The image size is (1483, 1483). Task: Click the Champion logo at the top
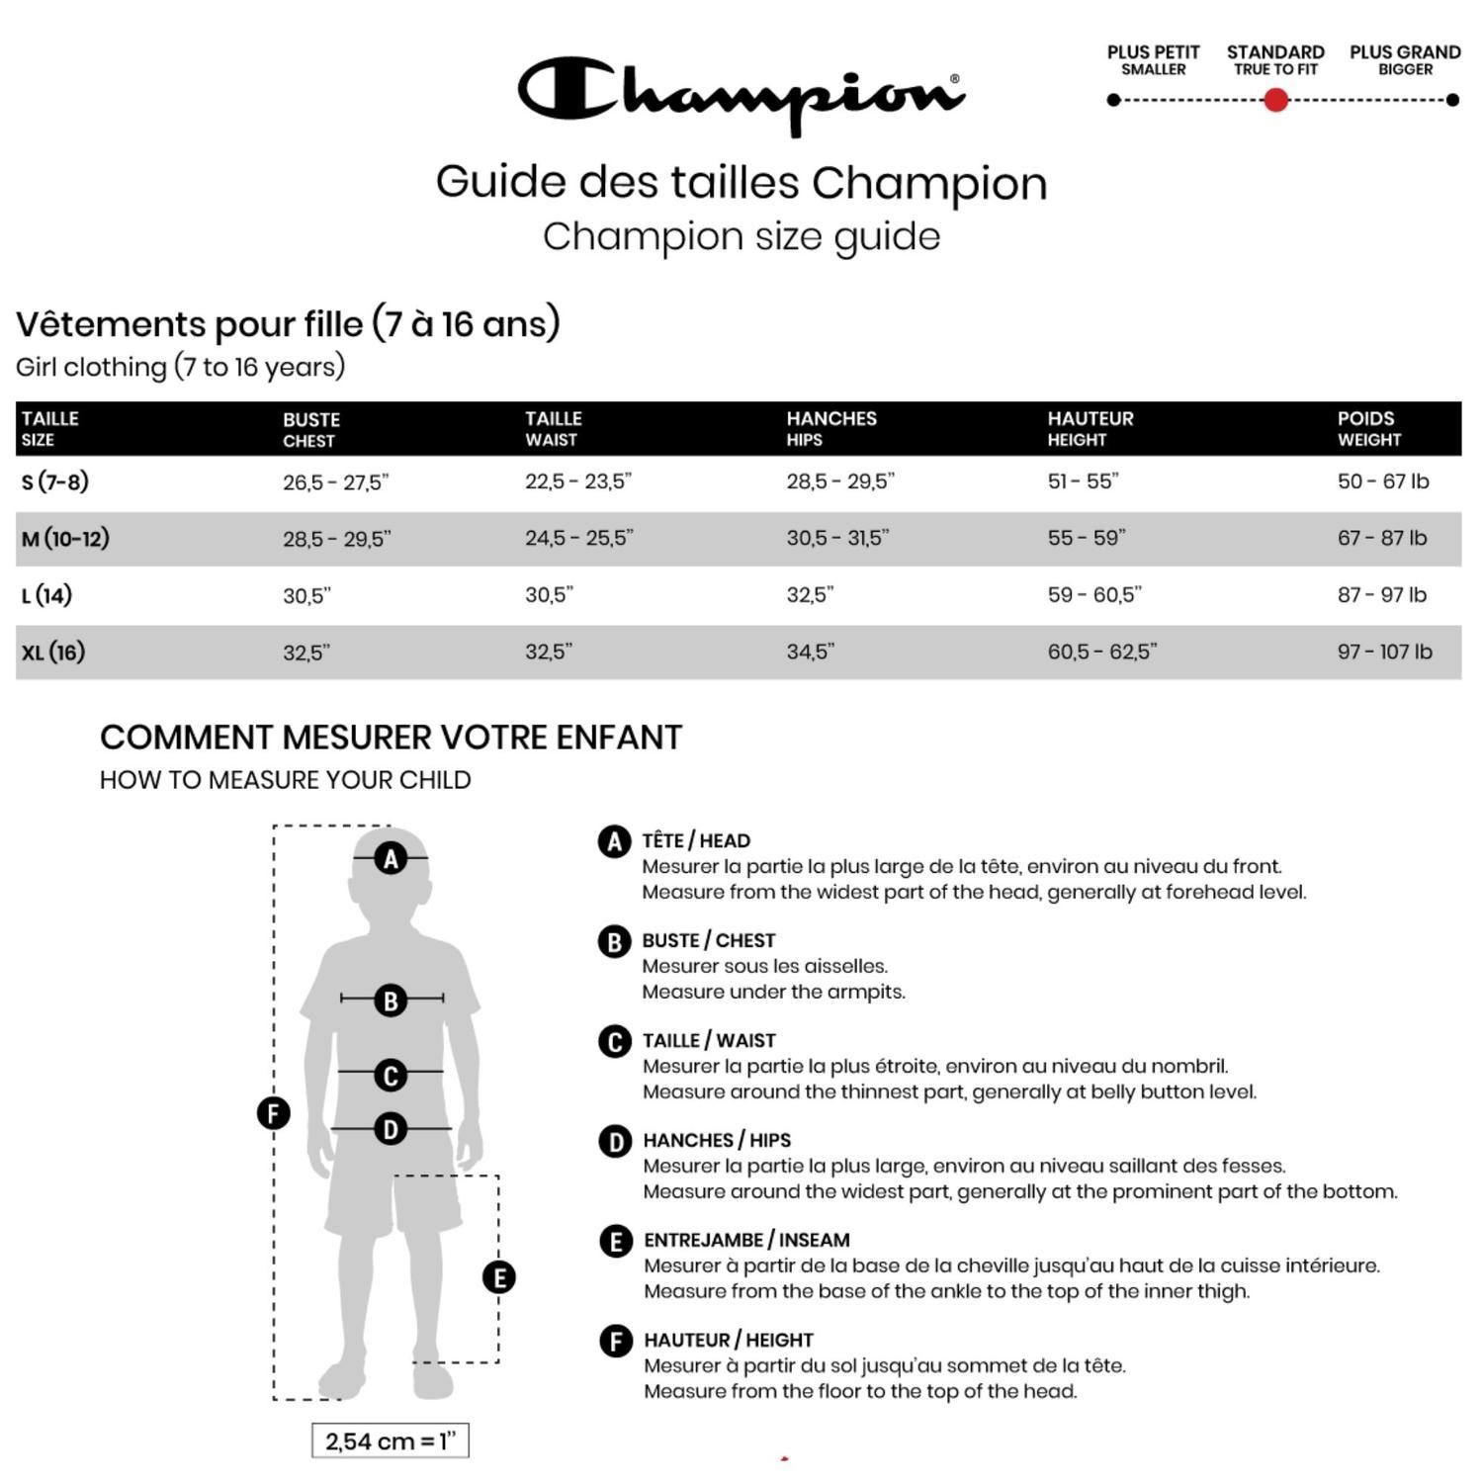point(741,94)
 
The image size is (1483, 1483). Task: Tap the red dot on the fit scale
point(1275,100)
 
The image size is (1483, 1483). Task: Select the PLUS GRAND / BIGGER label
point(1405,59)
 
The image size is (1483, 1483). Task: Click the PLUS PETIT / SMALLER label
point(1153,59)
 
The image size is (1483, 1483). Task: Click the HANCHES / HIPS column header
point(830,428)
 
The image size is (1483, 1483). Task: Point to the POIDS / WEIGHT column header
point(1368,428)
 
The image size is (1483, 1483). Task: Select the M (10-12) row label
point(65,539)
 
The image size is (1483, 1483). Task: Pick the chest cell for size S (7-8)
point(335,482)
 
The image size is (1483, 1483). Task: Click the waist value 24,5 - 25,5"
point(578,538)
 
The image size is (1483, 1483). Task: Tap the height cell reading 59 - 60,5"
point(1093,594)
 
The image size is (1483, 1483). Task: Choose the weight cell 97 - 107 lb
point(1384,652)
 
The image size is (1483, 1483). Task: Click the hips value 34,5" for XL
point(810,652)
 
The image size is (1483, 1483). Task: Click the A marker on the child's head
point(392,858)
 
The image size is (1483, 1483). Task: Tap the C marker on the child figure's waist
point(391,1075)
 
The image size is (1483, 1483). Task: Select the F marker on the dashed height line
point(274,1113)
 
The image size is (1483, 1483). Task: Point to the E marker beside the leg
point(499,1277)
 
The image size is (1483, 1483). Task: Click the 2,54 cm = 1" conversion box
point(390,1440)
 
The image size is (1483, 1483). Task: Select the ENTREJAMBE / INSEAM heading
point(746,1240)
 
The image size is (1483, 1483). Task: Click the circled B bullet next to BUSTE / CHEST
point(614,941)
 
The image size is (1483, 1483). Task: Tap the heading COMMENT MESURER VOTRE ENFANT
point(391,738)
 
